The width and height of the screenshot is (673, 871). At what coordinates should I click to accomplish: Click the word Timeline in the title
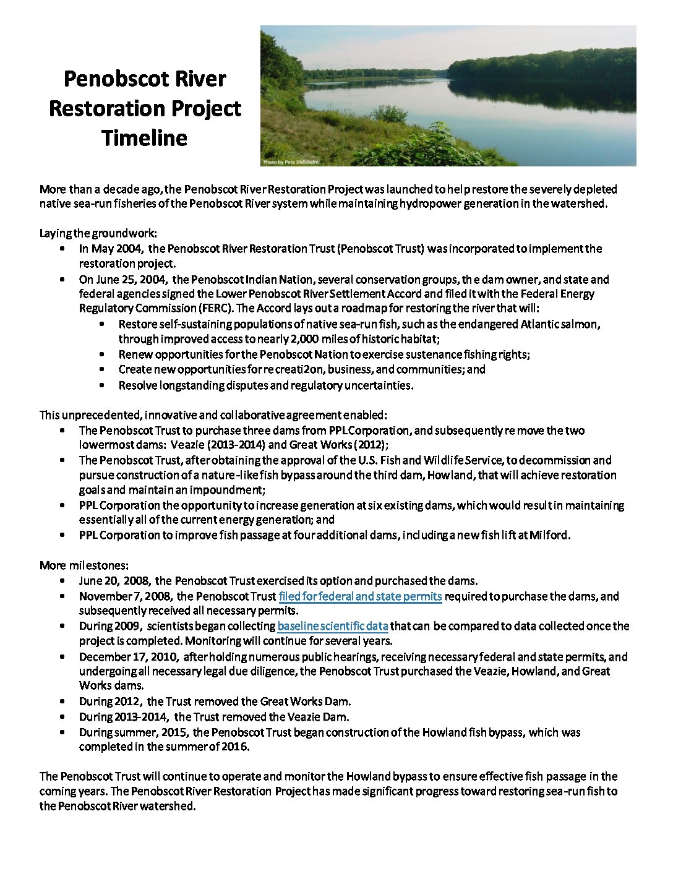click(x=144, y=137)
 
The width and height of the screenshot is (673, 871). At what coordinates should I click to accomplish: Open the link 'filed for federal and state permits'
click(x=360, y=596)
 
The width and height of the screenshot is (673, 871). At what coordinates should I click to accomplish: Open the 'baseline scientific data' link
click(x=333, y=626)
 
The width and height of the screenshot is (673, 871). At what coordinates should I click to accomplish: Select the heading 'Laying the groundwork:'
click(x=98, y=234)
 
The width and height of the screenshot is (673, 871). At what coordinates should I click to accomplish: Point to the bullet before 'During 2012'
click(x=64, y=702)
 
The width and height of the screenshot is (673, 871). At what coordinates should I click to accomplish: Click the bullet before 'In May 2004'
click(x=64, y=249)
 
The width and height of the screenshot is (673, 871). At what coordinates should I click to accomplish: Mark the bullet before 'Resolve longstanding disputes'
click(x=103, y=385)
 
